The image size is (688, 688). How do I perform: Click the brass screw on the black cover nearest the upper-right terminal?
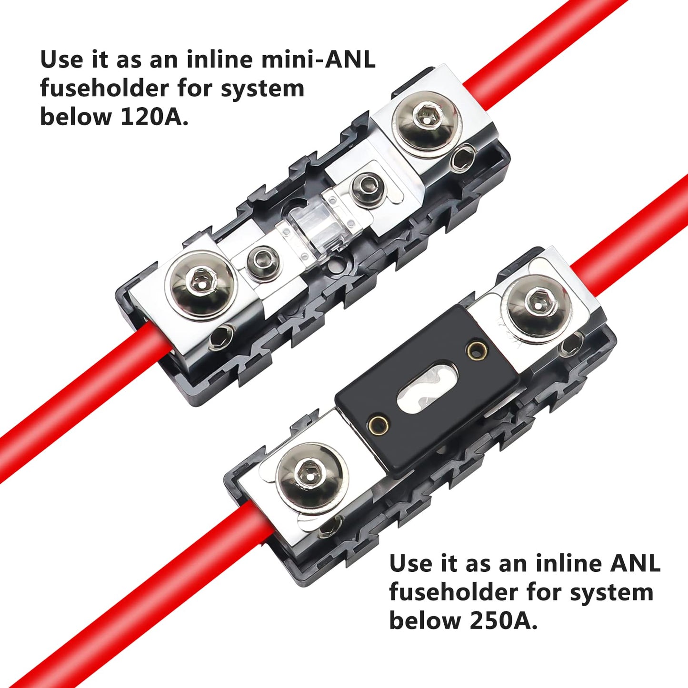(477, 351)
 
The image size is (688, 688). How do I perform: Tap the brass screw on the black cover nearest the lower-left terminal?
(378, 423)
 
